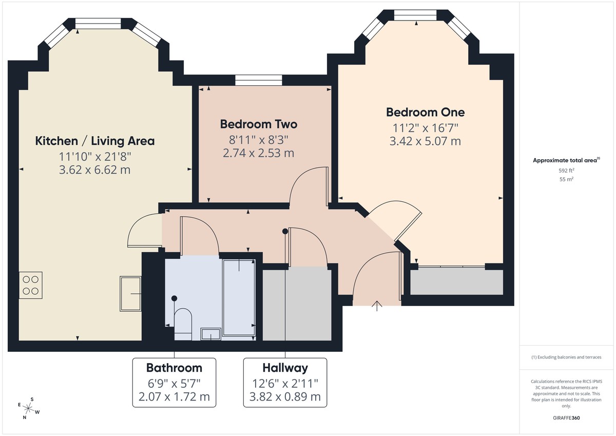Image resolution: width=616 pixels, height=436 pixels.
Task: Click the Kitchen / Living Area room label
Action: coord(94,141)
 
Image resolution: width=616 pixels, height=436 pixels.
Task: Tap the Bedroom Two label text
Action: coord(258,124)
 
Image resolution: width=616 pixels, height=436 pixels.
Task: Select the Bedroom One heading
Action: coord(425,112)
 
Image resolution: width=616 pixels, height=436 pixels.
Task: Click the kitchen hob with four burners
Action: coord(31,285)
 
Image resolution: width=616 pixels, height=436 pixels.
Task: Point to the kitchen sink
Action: coord(130,293)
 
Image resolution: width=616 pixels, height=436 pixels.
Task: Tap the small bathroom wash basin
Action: coord(210,334)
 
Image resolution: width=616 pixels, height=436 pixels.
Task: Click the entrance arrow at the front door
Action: coord(377,306)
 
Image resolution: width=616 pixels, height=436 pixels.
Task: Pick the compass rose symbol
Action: coord(29,409)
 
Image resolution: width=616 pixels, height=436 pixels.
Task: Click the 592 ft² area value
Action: coord(567,170)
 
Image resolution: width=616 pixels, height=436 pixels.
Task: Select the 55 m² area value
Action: coord(567,179)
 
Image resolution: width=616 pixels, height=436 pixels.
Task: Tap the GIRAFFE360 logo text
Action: coord(567,418)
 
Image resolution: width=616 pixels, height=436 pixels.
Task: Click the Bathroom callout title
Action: coord(174,368)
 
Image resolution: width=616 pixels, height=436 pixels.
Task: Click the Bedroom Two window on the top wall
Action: coord(259,80)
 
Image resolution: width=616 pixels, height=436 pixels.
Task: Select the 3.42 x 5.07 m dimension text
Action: coord(425,141)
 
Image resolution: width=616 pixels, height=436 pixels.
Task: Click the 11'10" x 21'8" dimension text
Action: coord(94,156)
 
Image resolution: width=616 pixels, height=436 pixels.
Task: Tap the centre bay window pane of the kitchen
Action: coord(99,23)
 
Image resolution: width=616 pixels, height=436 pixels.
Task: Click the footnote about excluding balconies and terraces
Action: coord(567,357)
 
